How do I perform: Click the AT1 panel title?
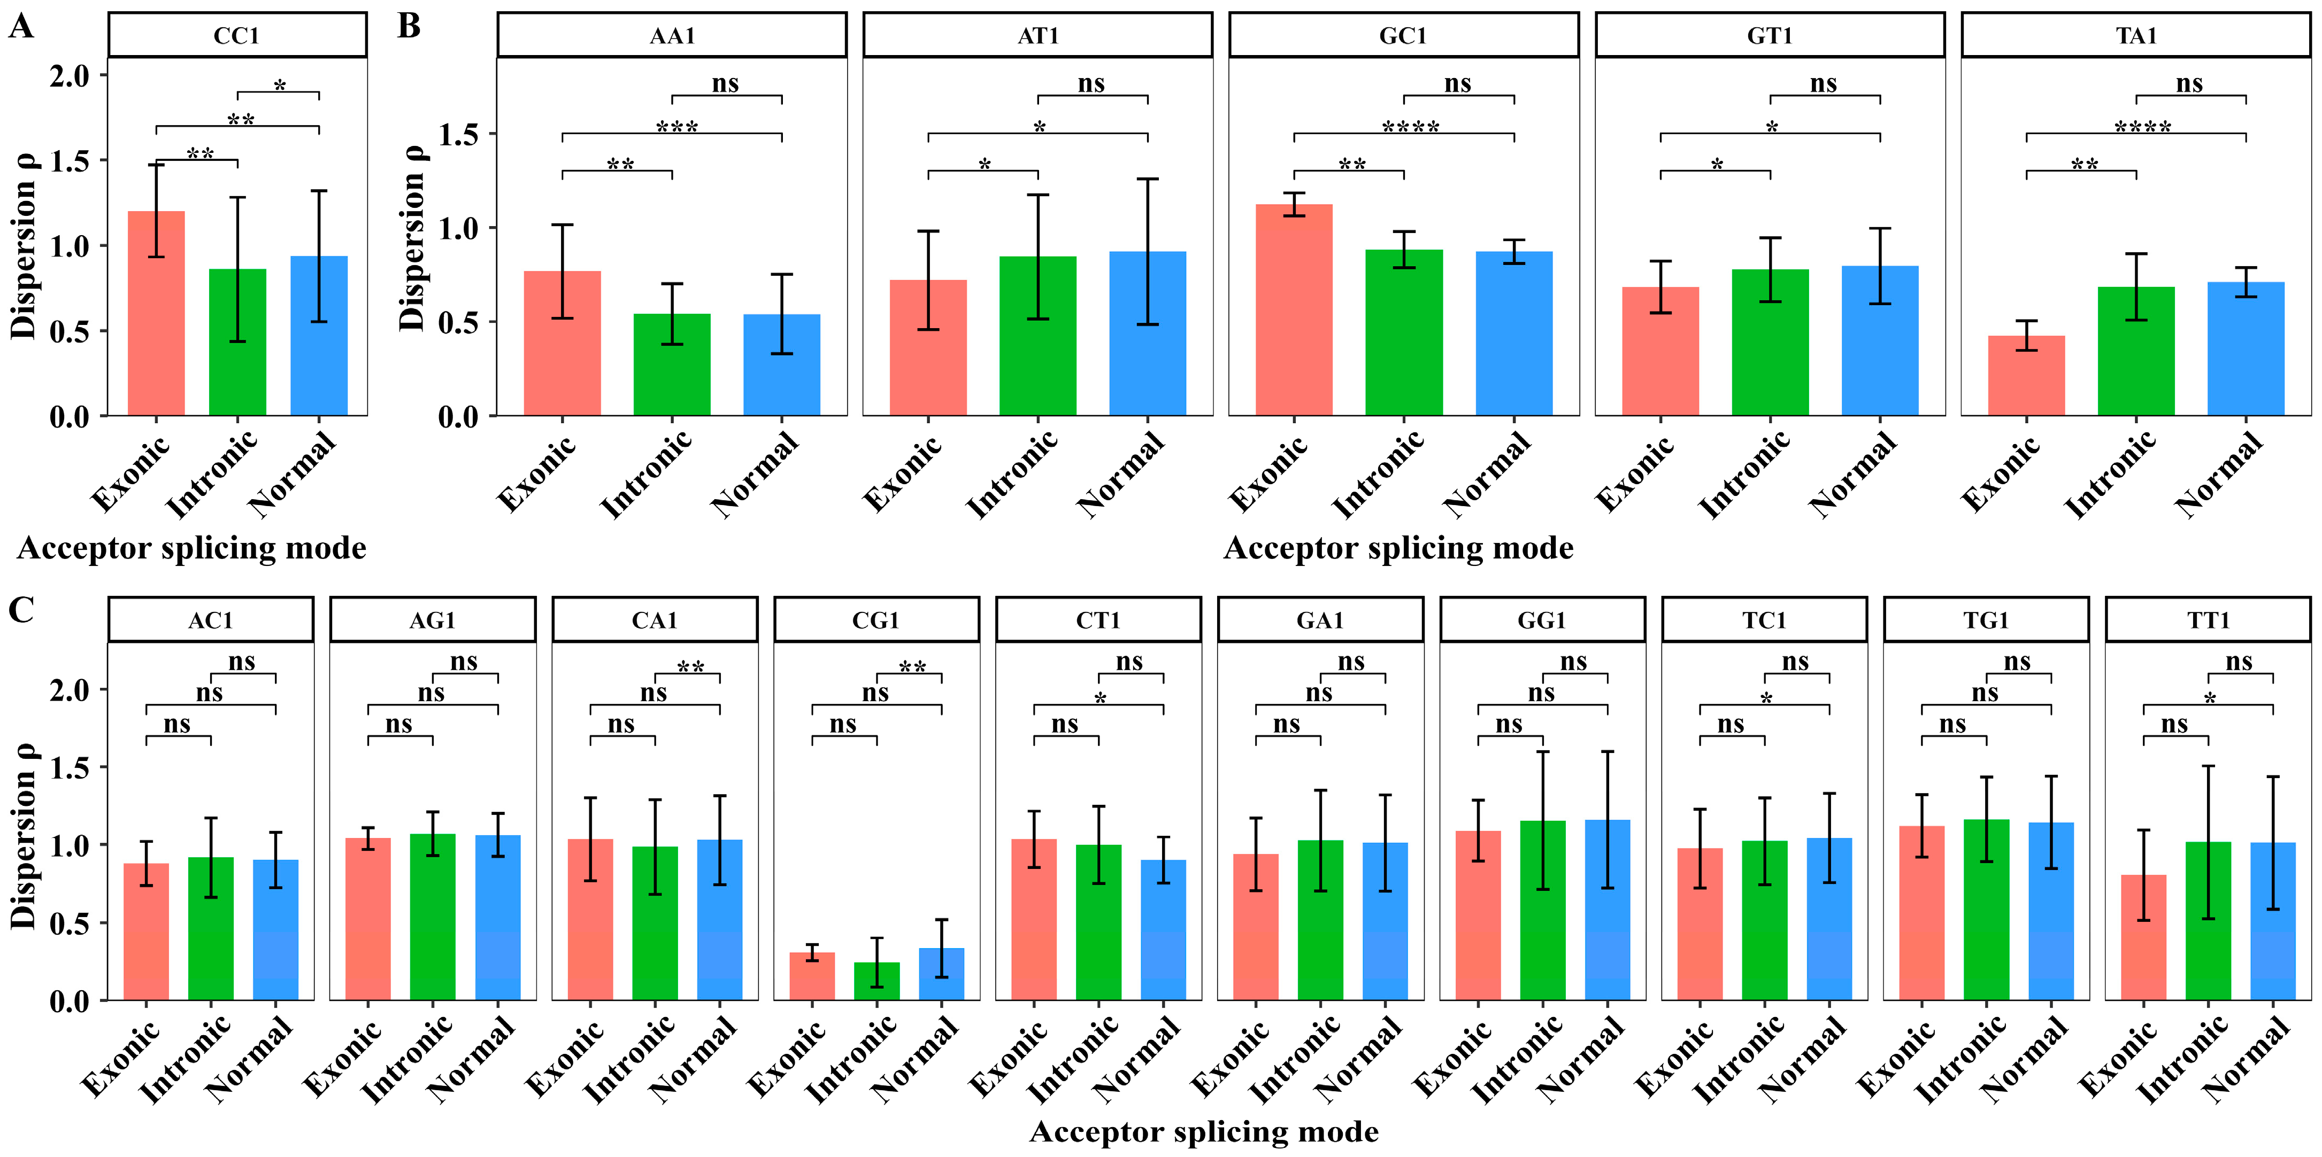pyautogui.click(x=1037, y=36)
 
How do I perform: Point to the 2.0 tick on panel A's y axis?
pyautogui.click(x=70, y=76)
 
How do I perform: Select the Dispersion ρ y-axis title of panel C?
pyautogui.click(x=24, y=836)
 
